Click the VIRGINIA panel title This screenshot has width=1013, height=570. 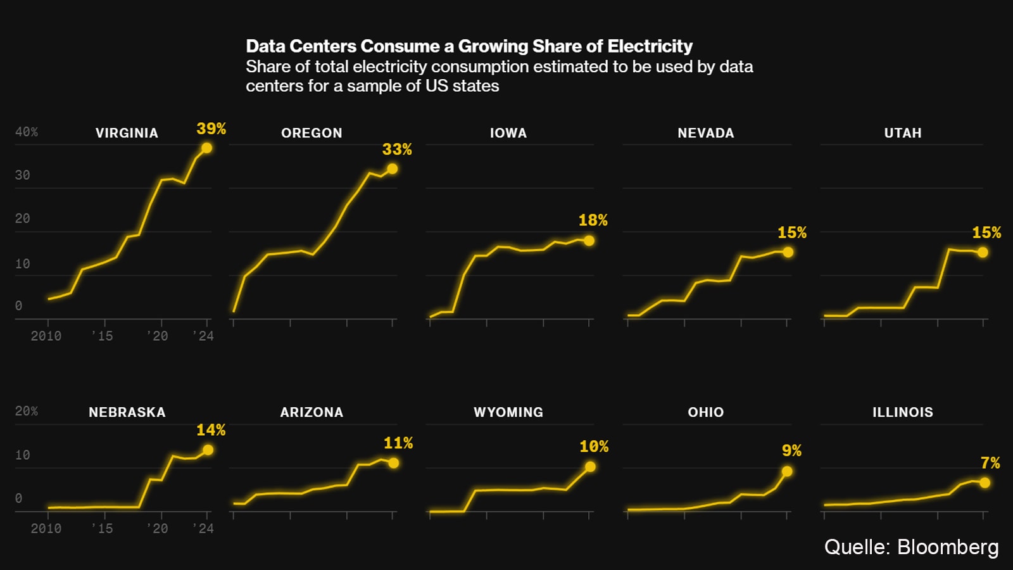pos(127,133)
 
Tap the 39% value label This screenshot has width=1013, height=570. pos(211,129)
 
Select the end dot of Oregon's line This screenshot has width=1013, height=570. pos(393,169)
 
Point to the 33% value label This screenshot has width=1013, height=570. pos(397,149)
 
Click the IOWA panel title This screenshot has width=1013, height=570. pos(508,133)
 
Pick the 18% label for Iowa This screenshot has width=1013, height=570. pos(593,220)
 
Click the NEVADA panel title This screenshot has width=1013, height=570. pos(706,133)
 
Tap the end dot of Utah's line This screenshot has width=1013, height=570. pos(983,252)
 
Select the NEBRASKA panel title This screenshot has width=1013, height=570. pos(127,412)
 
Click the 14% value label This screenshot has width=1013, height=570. pos(211,430)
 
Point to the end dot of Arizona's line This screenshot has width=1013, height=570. pos(393,463)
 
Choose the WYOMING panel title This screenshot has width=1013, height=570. pos(508,412)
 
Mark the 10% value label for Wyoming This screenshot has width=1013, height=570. pos(594,446)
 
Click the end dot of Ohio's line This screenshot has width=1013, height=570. pos(787,471)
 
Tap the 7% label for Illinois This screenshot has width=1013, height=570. pos(990,463)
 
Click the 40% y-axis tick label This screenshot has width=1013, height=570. pos(27,132)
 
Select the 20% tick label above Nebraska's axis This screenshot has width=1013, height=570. pos(27,411)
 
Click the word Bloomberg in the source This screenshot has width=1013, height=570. pos(948,547)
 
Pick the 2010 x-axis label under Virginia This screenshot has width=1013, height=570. pos(46,336)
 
